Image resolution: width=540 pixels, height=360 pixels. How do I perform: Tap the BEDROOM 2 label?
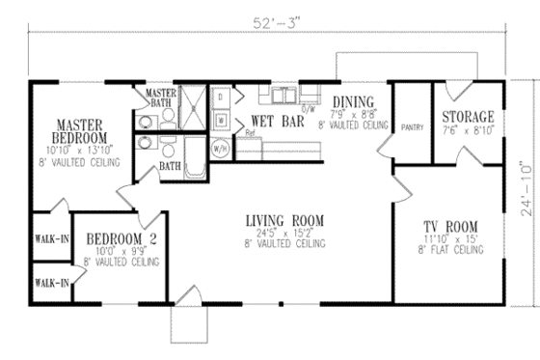click(121, 238)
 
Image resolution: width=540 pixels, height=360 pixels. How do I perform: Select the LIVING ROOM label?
click(283, 221)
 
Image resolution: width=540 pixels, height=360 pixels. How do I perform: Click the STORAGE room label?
click(468, 116)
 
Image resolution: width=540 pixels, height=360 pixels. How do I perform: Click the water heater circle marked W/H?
click(221, 149)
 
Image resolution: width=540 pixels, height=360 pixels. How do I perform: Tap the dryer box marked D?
click(221, 97)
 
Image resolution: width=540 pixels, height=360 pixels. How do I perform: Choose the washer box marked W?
click(221, 121)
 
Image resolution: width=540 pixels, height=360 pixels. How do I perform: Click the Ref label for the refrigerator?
click(249, 132)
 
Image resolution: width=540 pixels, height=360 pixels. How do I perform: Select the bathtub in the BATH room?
click(195, 156)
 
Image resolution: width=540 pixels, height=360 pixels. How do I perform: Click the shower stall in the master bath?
click(193, 109)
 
